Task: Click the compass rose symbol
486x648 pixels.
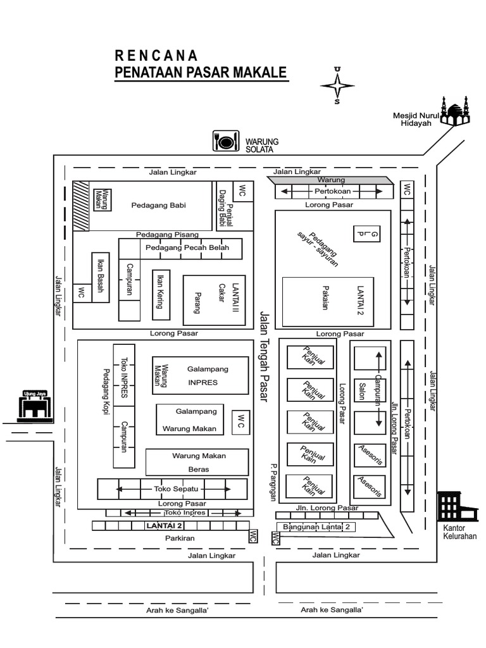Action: pyautogui.click(x=337, y=85)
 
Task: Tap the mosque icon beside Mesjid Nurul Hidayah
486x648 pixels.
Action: pyautogui.click(x=455, y=111)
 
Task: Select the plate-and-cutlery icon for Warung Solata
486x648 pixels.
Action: pyautogui.click(x=226, y=140)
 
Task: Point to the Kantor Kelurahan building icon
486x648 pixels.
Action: pyautogui.click(x=451, y=506)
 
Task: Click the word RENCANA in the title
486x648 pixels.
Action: pyautogui.click(x=156, y=55)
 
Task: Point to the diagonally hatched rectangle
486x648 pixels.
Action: pyautogui.click(x=80, y=206)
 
